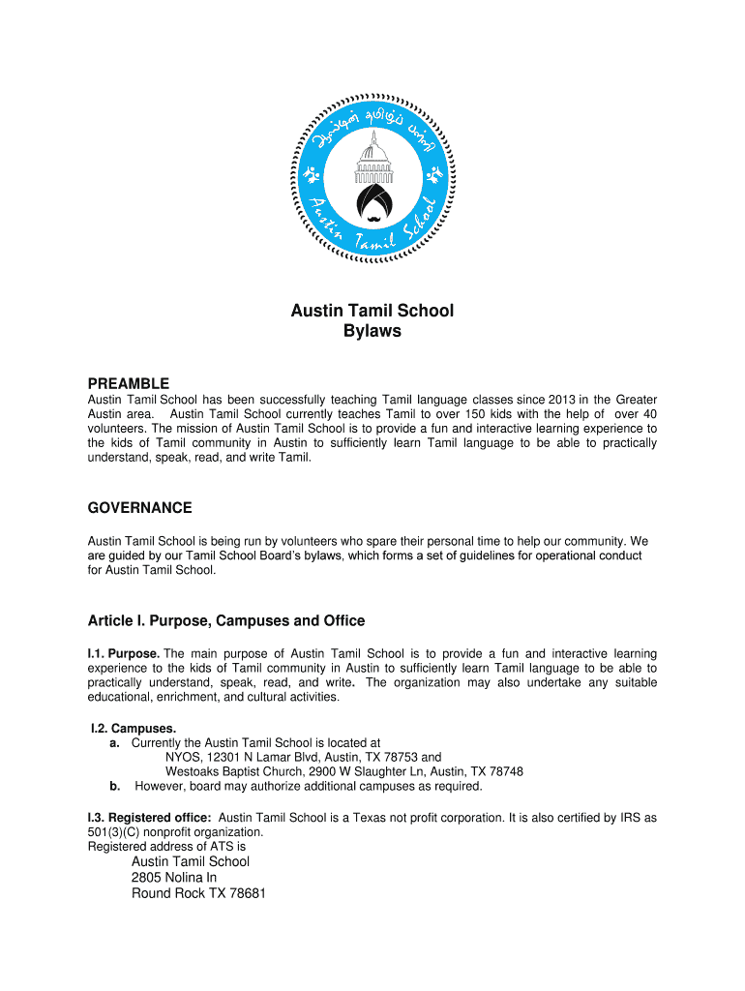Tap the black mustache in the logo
pyautogui.click(x=372, y=210)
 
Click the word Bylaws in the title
pyautogui.click(x=372, y=332)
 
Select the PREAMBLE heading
pyautogui.click(x=129, y=383)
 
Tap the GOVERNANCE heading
pyautogui.click(x=140, y=508)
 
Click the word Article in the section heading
pyautogui.click(x=113, y=620)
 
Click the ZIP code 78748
pyautogui.click(x=501, y=772)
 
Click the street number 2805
pyautogui.click(x=150, y=878)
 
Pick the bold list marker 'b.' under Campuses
pyautogui.click(x=115, y=787)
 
